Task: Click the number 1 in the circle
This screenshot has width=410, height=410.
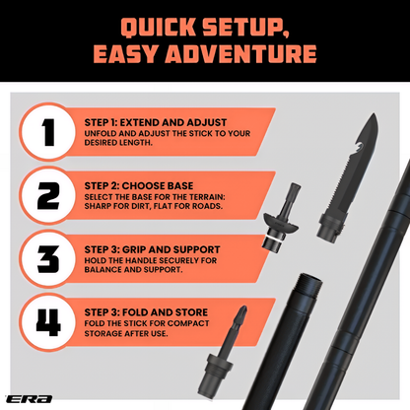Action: [x=48, y=132]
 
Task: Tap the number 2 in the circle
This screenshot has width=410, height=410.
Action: [x=48, y=195]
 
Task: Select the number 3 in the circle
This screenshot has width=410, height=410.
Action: [x=48, y=259]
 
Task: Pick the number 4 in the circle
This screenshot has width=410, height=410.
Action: [x=48, y=322]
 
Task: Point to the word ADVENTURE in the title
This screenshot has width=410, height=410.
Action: [x=240, y=53]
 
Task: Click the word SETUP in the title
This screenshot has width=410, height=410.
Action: [x=245, y=28]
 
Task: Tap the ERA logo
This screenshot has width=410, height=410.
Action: [x=30, y=399]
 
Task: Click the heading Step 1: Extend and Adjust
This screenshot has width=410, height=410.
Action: [x=156, y=122]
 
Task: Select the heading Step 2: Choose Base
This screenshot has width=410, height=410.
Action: [x=139, y=186]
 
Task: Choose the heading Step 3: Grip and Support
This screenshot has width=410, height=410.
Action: [x=152, y=249]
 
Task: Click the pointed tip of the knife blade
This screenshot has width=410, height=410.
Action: [x=375, y=114]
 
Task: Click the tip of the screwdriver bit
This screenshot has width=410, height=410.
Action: [x=243, y=307]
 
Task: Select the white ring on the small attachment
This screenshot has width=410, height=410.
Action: [x=273, y=239]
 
